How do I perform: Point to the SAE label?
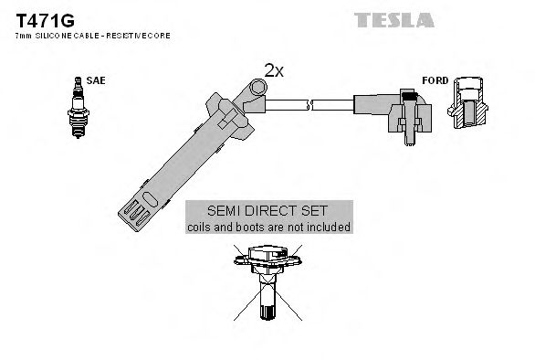pyautogui.click(x=96, y=80)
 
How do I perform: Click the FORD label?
pyautogui.click(x=435, y=80)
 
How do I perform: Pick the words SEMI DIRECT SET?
pyautogui.click(x=268, y=210)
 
